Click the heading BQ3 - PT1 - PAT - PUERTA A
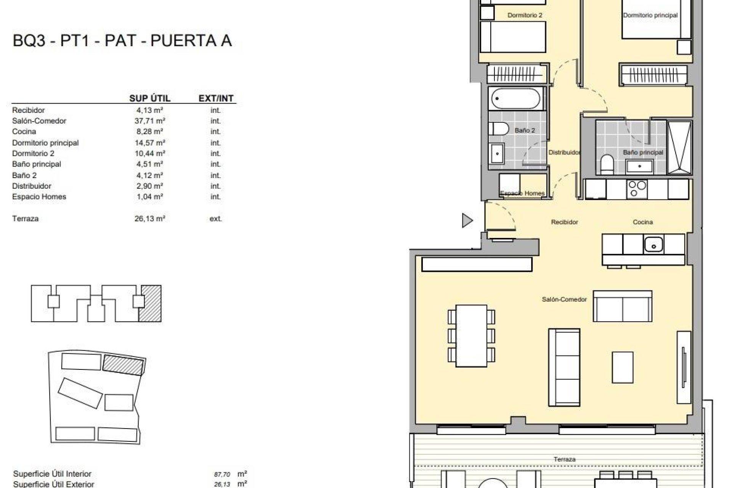tap(122, 41)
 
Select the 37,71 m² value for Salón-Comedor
tap(149, 121)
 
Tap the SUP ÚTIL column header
tap(149, 98)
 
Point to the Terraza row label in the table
tap(25, 219)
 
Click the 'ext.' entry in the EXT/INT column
tap(215, 219)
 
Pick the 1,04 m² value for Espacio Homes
tap(149, 197)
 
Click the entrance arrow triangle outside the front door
tap(467, 220)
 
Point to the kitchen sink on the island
tap(653, 244)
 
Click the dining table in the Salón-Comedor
tap(472, 335)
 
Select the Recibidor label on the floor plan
tap(564, 222)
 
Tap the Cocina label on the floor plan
tap(643, 222)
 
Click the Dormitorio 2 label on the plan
tap(525, 15)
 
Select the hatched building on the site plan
tap(123, 364)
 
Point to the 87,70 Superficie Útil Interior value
tap(222, 475)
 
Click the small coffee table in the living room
tap(623, 367)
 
